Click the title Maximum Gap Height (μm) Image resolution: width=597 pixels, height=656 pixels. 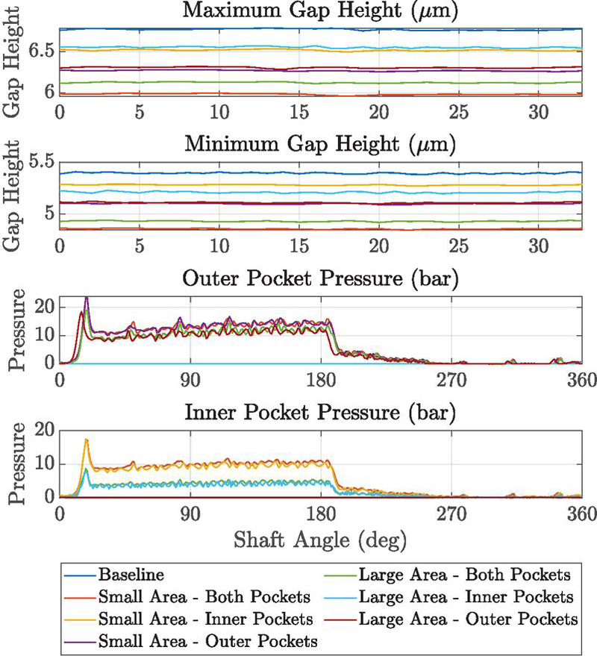[321, 11]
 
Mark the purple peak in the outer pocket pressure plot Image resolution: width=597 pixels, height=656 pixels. [87, 298]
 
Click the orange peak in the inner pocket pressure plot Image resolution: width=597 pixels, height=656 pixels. [87, 440]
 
